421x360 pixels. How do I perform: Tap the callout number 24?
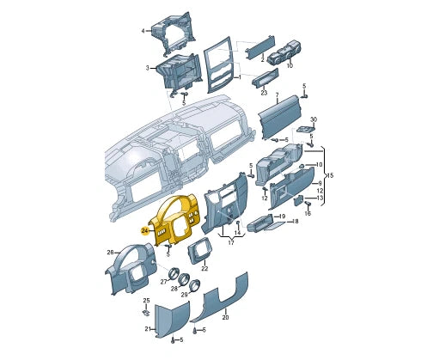(x=145, y=231)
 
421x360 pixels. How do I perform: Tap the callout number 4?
(x=143, y=31)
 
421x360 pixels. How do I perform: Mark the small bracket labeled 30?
(x=306, y=130)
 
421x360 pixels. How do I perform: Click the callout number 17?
(x=229, y=243)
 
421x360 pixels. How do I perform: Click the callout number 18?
(x=295, y=221)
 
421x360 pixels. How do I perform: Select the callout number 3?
(x=148, y=68)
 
